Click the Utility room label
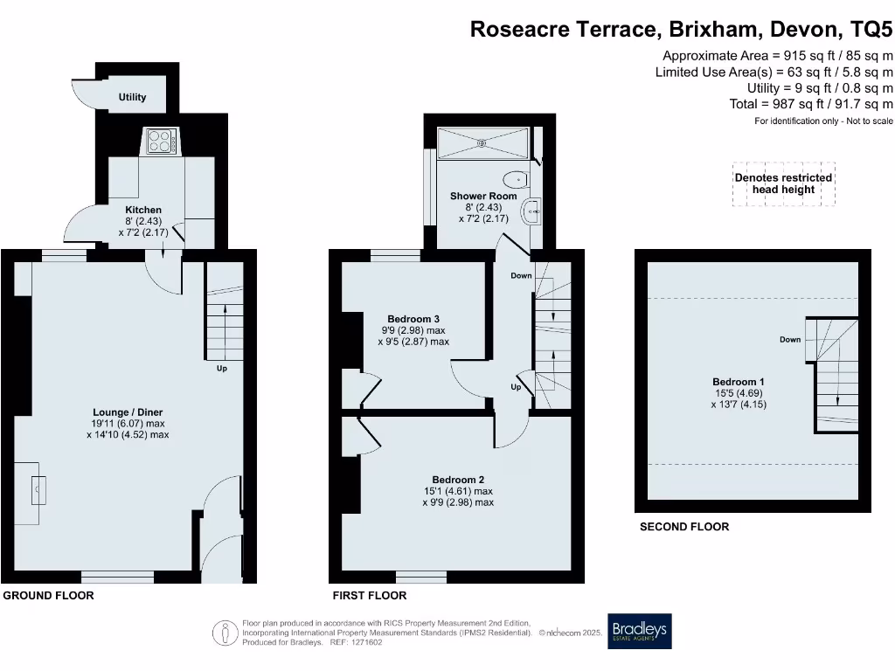click(133, 97)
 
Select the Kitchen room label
click(143, 210)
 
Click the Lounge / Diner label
click(128, 412)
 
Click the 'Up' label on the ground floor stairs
click(223, 368)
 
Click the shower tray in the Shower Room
click(482, 143)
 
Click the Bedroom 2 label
click(458, 479)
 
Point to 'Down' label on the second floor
click(790, 339)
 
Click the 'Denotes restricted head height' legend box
click(783, 183)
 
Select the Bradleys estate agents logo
click(640, 630)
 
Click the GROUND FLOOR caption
click(49, 595)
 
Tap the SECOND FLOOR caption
click(684, 526)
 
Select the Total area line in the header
click(811, 104)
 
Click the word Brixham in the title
click(715, 30)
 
